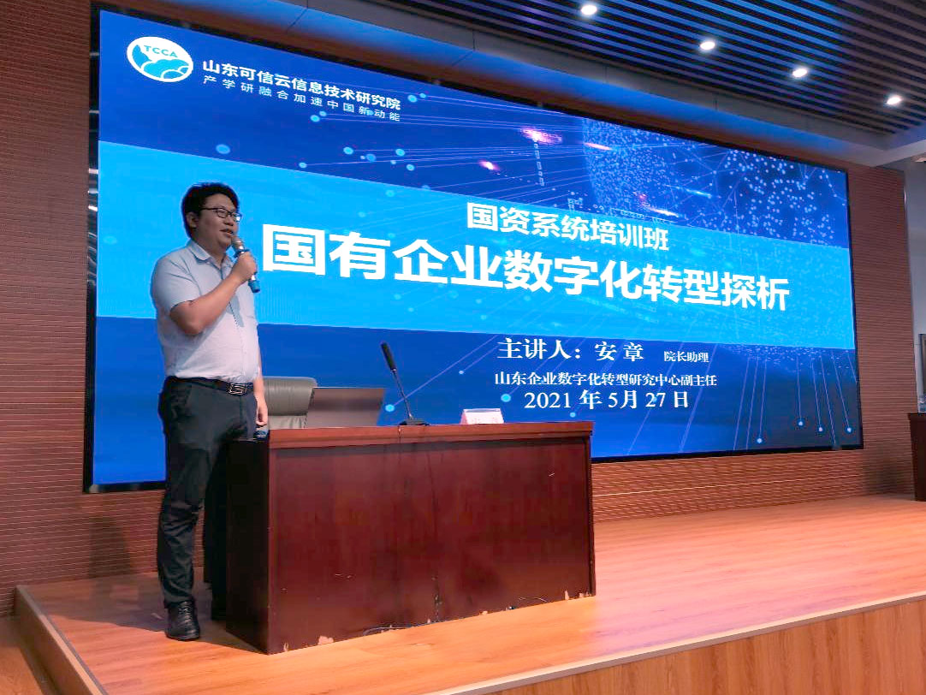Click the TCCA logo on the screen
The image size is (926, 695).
coord(159,59)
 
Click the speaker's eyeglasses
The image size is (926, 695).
coord(222,213)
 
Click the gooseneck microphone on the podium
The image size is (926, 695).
coord(401,384)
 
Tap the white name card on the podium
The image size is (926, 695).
coord(482,416)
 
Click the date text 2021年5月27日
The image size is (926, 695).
coord(607,400)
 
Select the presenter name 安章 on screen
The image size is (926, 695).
coord(619,351)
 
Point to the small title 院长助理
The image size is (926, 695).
coord(686,357)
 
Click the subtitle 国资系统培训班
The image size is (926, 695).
coord(567,228)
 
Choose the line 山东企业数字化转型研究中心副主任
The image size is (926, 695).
coord(605,379)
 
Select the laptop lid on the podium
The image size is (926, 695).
coord(345,407)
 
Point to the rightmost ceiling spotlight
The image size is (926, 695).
coord(893,100)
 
